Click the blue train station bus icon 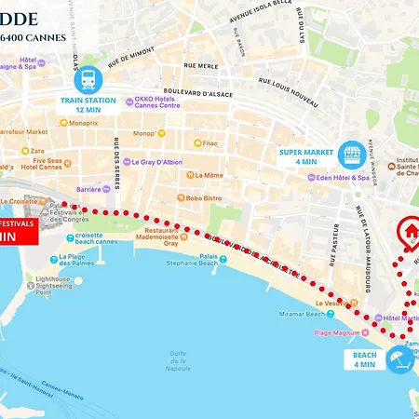tap(89, 79)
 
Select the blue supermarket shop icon tap(351, 153)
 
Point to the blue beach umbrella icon tap(399, 358)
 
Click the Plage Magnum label tap(336, 332)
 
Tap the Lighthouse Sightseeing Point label tap(55, 286)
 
